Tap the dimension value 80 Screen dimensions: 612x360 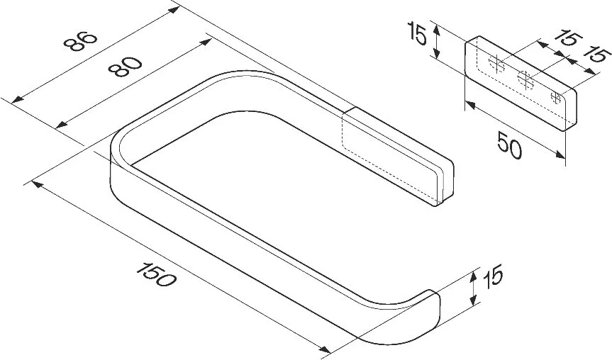point(125,67)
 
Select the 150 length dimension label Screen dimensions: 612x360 point(157,275)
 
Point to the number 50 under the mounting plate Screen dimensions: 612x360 point(510,145)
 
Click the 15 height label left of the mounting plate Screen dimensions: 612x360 point(417,33)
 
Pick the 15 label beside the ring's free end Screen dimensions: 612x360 point(493,276)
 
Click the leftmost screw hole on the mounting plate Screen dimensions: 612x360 point(496,64)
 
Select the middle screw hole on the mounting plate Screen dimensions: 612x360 point(525,80)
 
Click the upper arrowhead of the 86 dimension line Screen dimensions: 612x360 point(174,9)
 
